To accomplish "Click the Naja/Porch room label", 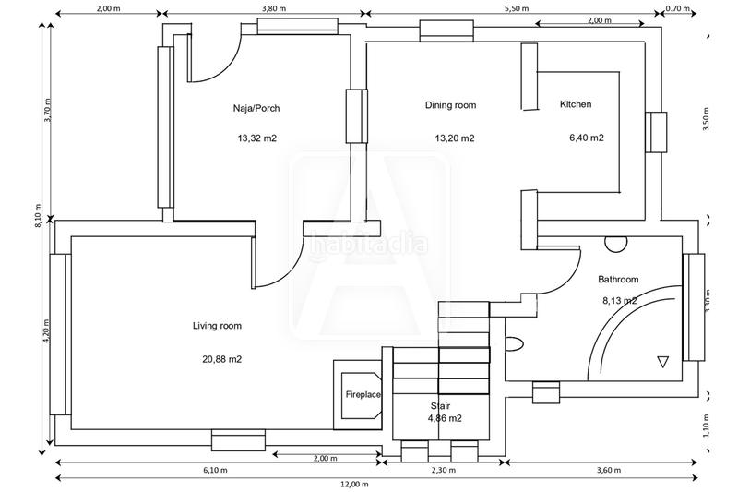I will coord(256,108).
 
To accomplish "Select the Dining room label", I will coord(450,105).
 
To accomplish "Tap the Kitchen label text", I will coord(576,105).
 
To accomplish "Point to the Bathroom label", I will coord(618,279).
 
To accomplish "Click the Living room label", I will coord(217,326).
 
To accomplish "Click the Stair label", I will coord(441,405).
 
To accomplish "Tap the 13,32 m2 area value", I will coord(257,138).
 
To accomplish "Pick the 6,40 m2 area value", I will coord(587,138).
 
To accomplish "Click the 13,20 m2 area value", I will coord(455,138).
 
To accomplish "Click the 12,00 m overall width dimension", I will coord(352,484).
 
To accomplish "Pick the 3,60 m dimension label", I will coord(609,470).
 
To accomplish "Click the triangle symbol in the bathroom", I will coord(661,362).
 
